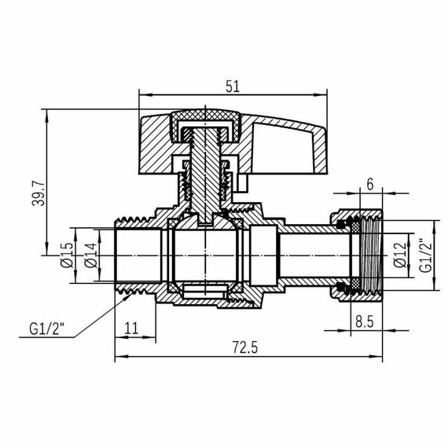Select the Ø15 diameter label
[x=67, y=254]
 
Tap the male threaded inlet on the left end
[x=130, y=254]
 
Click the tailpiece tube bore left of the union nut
[x=307, y=254]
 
